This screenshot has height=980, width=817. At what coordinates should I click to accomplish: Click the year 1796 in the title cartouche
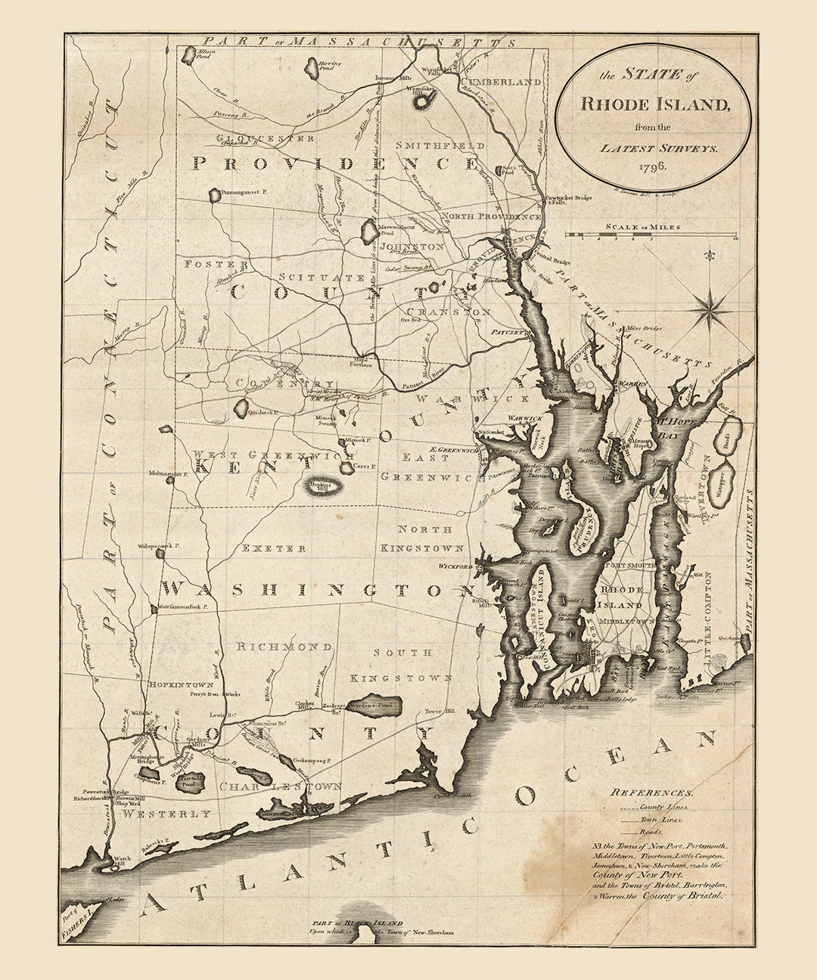pyautogui.click(x=652, y=166)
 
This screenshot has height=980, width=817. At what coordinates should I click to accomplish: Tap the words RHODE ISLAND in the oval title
pyautogui.click(x=655, y=104)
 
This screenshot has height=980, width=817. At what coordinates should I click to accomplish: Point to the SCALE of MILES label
pyautogui.click(x=642, y=226)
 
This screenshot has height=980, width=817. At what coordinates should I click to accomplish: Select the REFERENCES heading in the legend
pyautogui.click(x=652, y=792)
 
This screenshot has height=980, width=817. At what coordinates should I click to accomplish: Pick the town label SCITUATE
pyautogui.click(x=321, y=278)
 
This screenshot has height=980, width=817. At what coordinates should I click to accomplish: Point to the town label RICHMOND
pyautogui.click(x=284, y=647)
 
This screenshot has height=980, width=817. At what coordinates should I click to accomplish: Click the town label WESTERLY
pyautogui.click(x=167, y=814)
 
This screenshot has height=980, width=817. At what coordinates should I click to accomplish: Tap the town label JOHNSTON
pyautogui.click(x=412, y=247)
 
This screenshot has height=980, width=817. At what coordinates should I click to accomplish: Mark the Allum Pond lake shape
pyautogui.click(x=188, y=54)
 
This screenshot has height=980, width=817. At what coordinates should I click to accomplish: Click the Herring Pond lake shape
pyautogui.click(x=311, y=70)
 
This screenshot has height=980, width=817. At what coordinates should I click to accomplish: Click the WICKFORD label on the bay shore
pyautogui.click(x=456, y=566)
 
